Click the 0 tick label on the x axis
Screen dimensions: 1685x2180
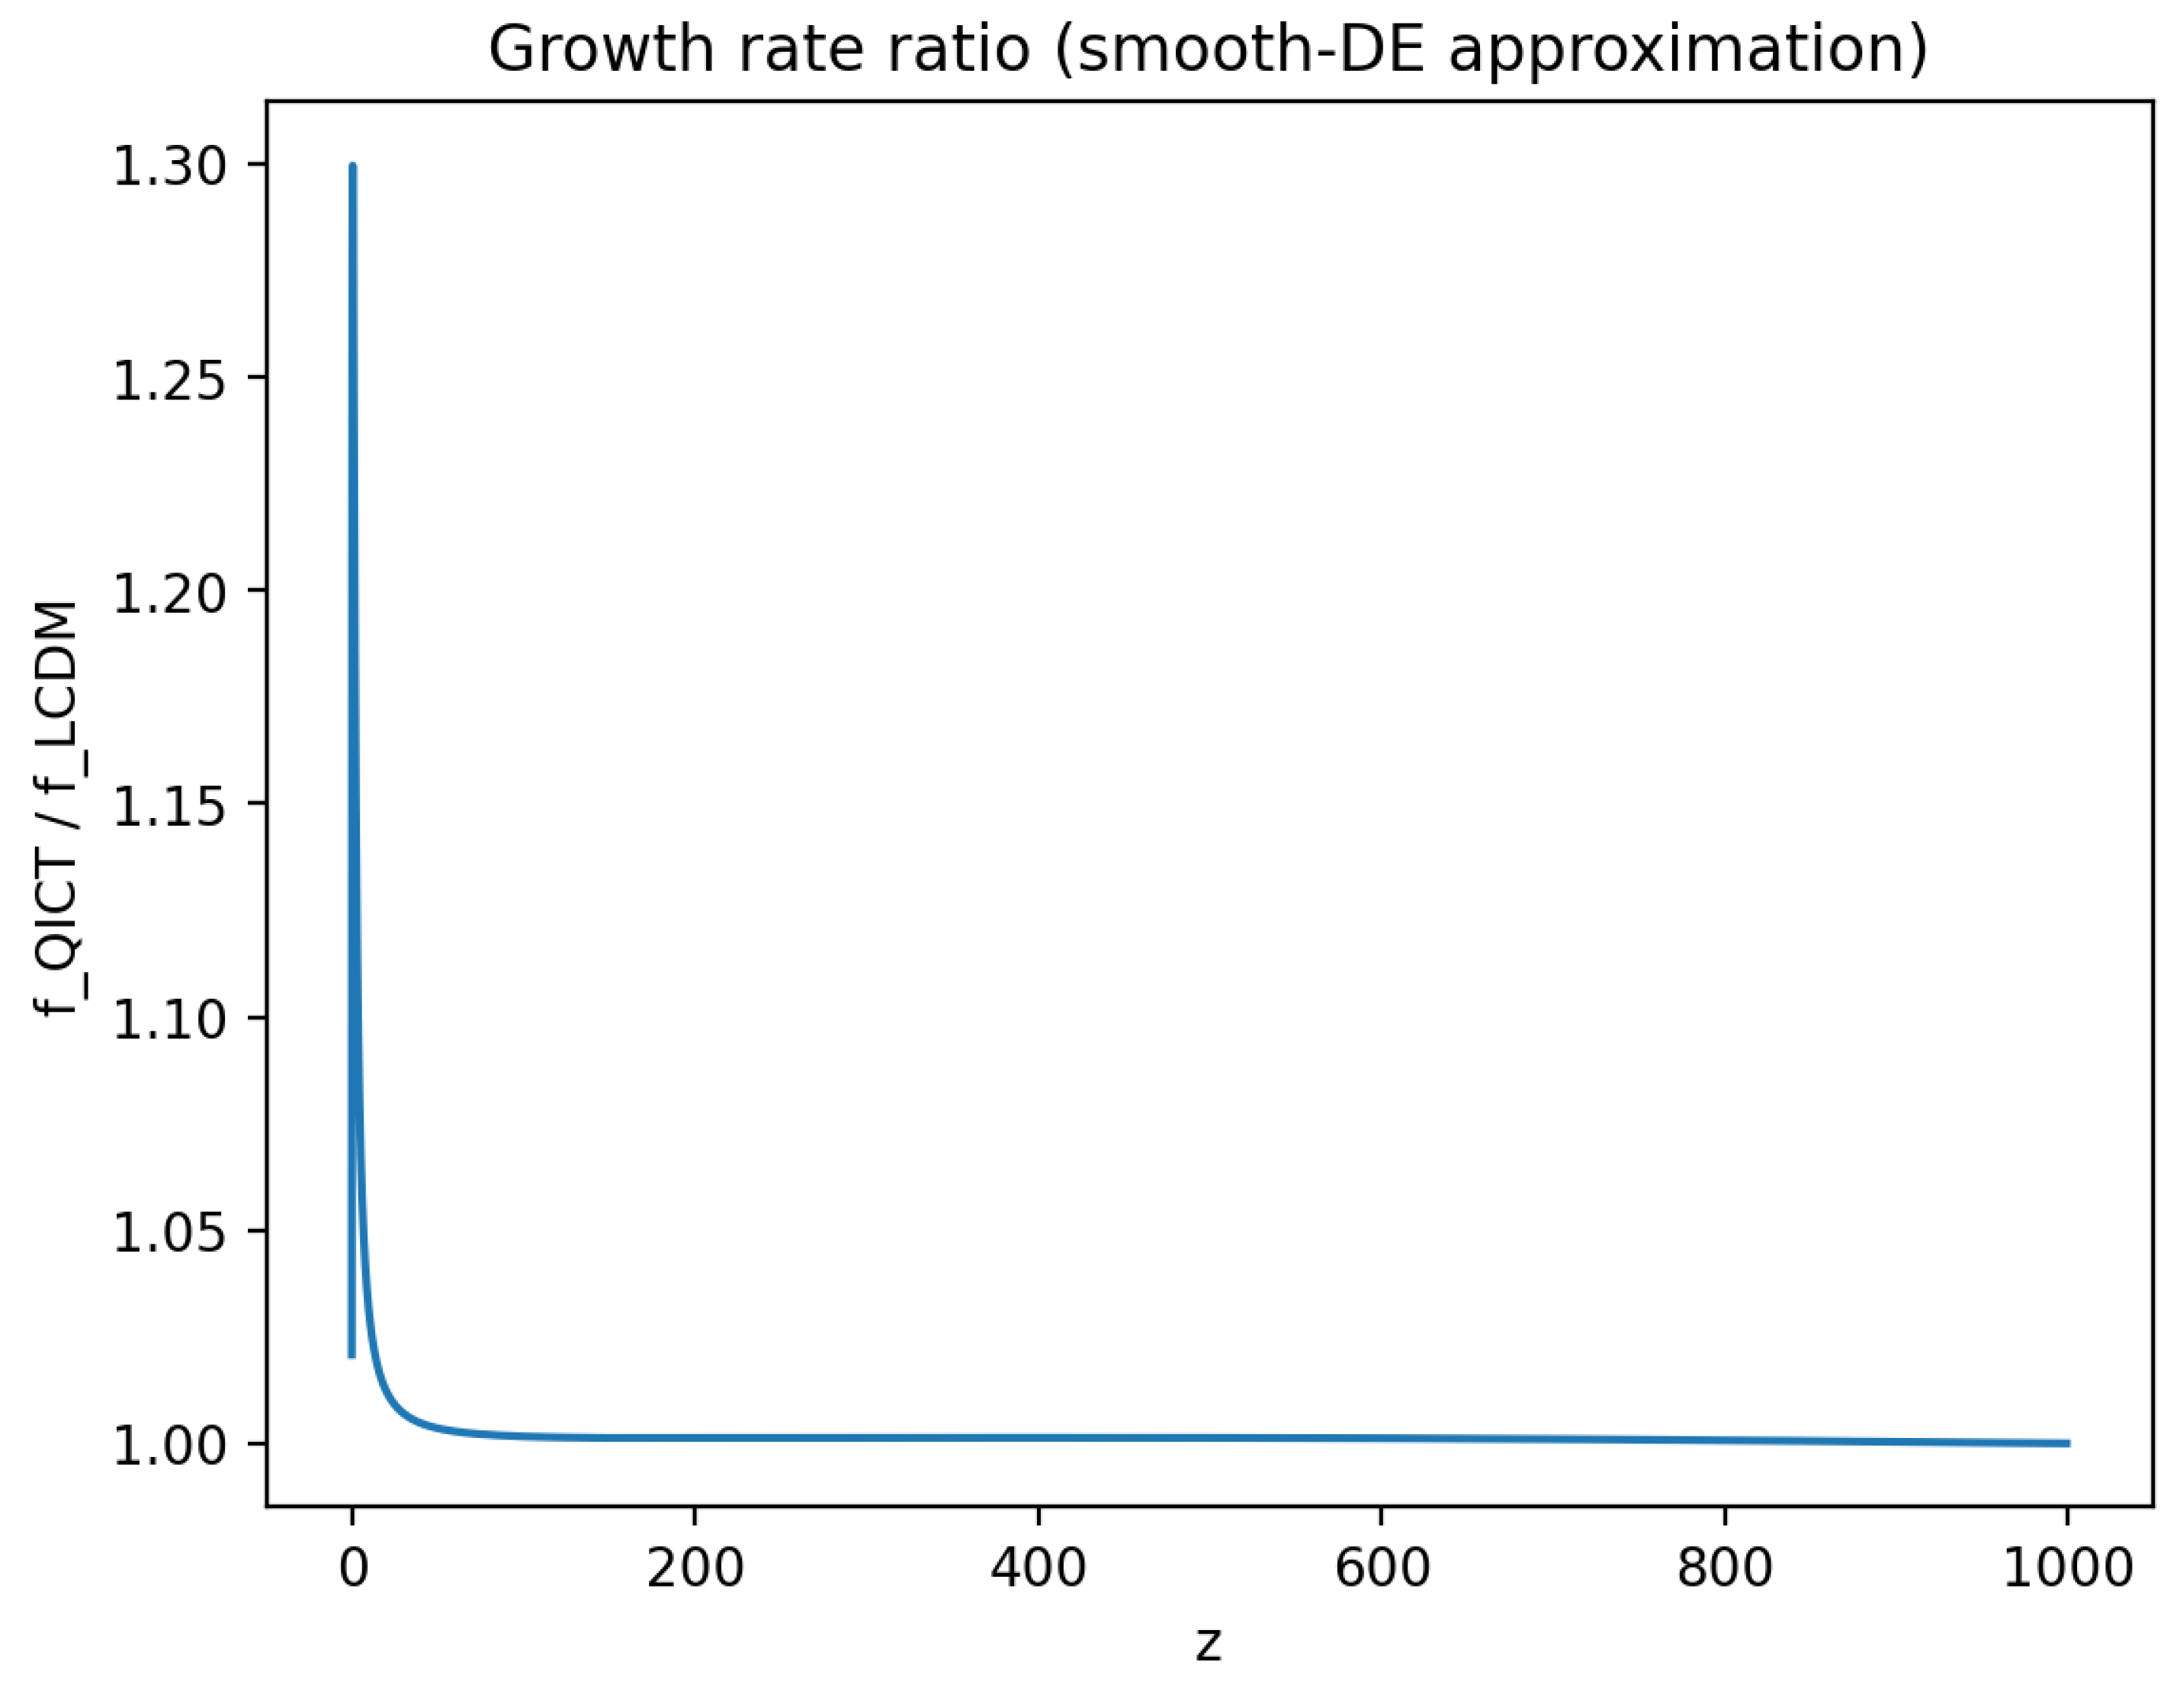352,1568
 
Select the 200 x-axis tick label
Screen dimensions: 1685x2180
695,1568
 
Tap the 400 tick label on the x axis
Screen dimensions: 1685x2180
1038,1568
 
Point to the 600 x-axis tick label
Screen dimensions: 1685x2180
1382,1568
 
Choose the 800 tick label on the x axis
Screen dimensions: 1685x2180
1725,1568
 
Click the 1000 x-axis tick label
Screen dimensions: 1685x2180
2067,1568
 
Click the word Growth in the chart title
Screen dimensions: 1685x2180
601,49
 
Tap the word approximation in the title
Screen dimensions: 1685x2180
1687,49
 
